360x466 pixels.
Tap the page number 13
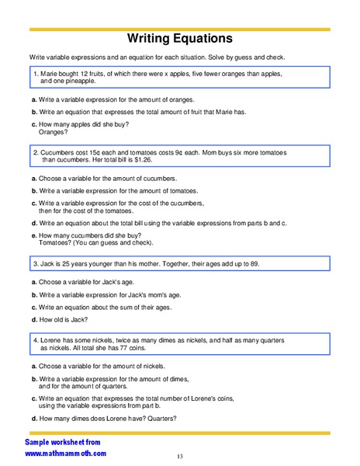pyautogui.click(x=179, y=455)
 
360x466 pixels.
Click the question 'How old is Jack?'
pyautogui.click(x=63, y=319)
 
